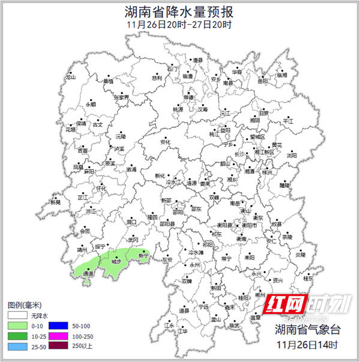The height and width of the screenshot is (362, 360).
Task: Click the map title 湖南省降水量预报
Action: [x=179, y=11]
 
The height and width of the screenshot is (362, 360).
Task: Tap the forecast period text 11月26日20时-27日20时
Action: [x=179, y=25]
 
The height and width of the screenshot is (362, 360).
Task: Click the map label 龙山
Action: [x=71, y=77]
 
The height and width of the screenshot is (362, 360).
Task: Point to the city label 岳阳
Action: [x=263, y=81]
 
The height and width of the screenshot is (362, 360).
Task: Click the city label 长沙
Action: [x=239, y=154]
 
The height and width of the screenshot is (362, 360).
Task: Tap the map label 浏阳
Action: [x=292, y=155]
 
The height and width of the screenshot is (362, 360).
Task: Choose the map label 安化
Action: [x=167, y=142]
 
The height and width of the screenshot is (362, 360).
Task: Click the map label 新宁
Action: [x=143, y=256]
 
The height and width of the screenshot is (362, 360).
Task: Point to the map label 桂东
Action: [x=308, y=279]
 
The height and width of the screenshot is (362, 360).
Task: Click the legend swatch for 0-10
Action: [x=20, y=325]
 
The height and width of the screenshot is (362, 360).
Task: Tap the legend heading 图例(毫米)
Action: [x=25, y=305]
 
